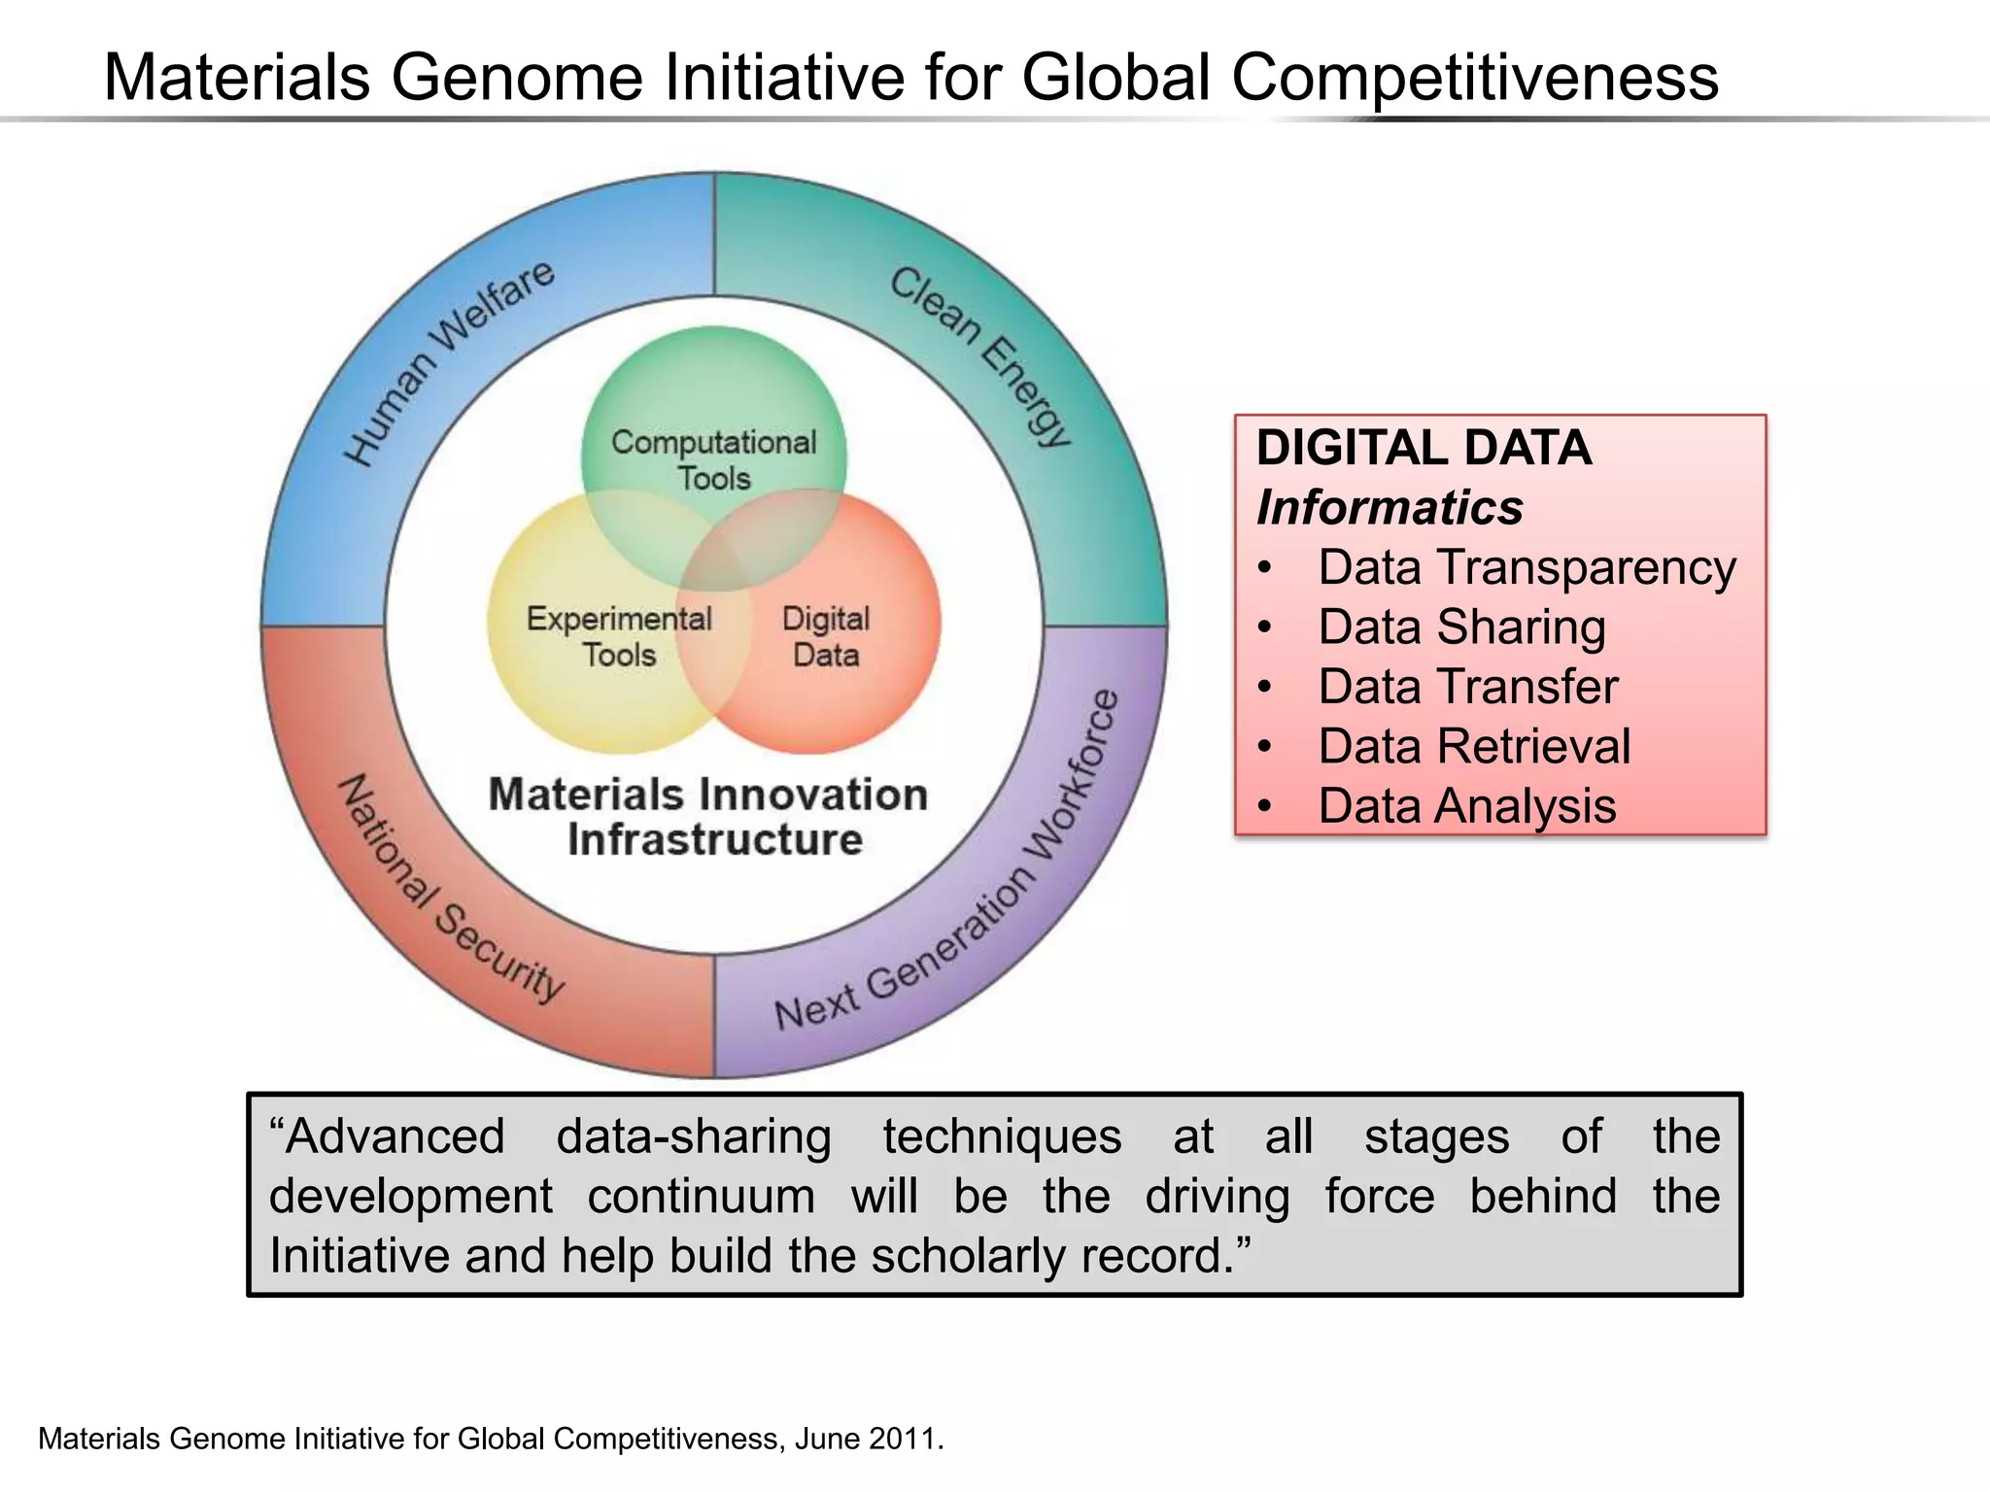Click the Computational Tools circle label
click(714, 459)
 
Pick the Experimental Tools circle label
click(619, 636)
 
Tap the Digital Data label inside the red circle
click(826, 636)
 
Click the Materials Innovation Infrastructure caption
click(709, 817)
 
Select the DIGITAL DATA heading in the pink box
click(1424, 448)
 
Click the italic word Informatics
click(1390, 507)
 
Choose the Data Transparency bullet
click(1527, 567)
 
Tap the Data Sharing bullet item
click(1461, 627)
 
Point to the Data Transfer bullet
click(1467, 687)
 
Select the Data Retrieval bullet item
click(1474, 747)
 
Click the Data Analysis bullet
click(1467, 806)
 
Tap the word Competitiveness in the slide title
click(1475, 78)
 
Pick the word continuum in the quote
click(701, 1196)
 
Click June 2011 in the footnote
click(869, 1439)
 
